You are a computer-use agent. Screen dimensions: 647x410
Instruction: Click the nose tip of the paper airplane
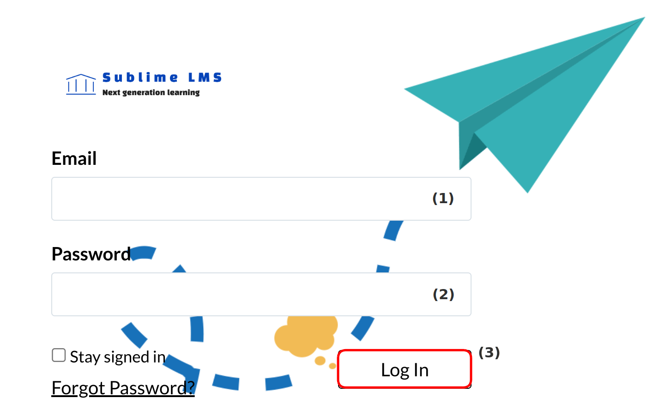click(645, 18)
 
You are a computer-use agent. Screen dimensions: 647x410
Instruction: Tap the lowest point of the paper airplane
click(528, 193)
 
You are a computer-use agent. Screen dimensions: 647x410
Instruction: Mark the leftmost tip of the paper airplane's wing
click(405, 89)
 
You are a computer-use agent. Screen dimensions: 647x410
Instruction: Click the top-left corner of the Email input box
click(52, 177)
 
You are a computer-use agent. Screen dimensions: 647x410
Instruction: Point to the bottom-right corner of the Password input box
click(471, 316)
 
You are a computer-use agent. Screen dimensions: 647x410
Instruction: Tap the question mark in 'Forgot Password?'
click(191, 387)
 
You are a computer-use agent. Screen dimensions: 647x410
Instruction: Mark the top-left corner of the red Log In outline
click(338, 350)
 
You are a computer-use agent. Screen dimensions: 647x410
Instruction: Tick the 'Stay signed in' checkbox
click(59, 355)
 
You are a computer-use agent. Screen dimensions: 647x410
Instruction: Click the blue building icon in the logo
click(81, 84)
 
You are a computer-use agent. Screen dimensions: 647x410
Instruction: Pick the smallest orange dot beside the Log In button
click(333, 366)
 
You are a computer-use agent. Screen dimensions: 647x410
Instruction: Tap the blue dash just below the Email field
click(393, 230)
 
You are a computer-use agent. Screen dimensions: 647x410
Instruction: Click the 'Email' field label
click(74, 158)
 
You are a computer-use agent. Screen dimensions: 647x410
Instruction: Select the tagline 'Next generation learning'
click(151, 92)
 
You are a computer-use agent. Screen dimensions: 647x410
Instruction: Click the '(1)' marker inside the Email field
click(443, 199)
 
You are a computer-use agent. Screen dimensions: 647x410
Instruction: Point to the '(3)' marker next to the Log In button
click(489, 353)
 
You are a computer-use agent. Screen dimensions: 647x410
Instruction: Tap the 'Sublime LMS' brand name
click(162, 78)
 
